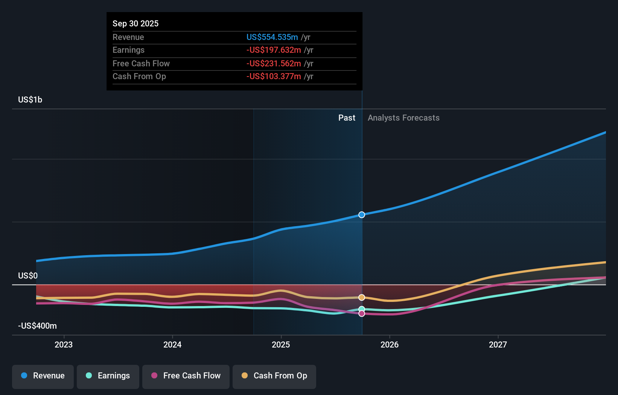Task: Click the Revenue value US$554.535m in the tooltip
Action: [272, 37]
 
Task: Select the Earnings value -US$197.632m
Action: [274, 50]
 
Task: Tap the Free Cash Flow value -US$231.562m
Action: [274, 63]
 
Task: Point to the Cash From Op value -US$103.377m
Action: [274, 77]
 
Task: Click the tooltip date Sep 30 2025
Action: [135, 23]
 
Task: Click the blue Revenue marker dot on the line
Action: [362, 215]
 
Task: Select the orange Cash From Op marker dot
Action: [362, 297]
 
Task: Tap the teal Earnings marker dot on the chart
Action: [362, 309]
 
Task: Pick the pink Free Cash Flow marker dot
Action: [362, 314]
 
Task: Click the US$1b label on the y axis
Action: [30, 100]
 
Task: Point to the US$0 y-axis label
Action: [28, 276]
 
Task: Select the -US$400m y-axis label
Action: [37, 326]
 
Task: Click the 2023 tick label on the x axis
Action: [64, 344]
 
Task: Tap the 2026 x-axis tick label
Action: [389, 344]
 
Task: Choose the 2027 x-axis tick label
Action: [498, 344]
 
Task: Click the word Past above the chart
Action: [347, 118]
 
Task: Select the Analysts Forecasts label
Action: [403, 118]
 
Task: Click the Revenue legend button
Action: [43, 376]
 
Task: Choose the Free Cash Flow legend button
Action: [186, 376]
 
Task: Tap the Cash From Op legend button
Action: [274, 376]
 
